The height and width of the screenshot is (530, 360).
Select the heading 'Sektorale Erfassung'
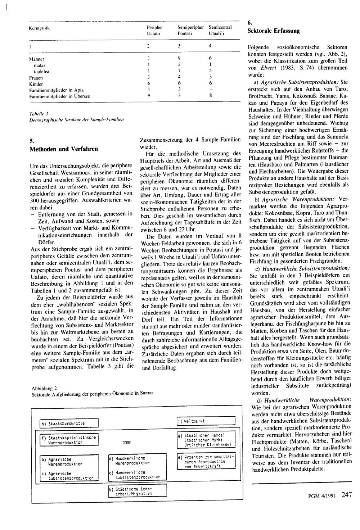(x=273, y=31)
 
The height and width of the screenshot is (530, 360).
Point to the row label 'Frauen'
(x=36, y=78)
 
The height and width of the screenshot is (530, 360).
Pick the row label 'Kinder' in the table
(x=36, y=84)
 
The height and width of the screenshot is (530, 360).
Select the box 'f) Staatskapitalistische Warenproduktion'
(x=68, y=440)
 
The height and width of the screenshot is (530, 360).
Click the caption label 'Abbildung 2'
(x=44, y=388)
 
